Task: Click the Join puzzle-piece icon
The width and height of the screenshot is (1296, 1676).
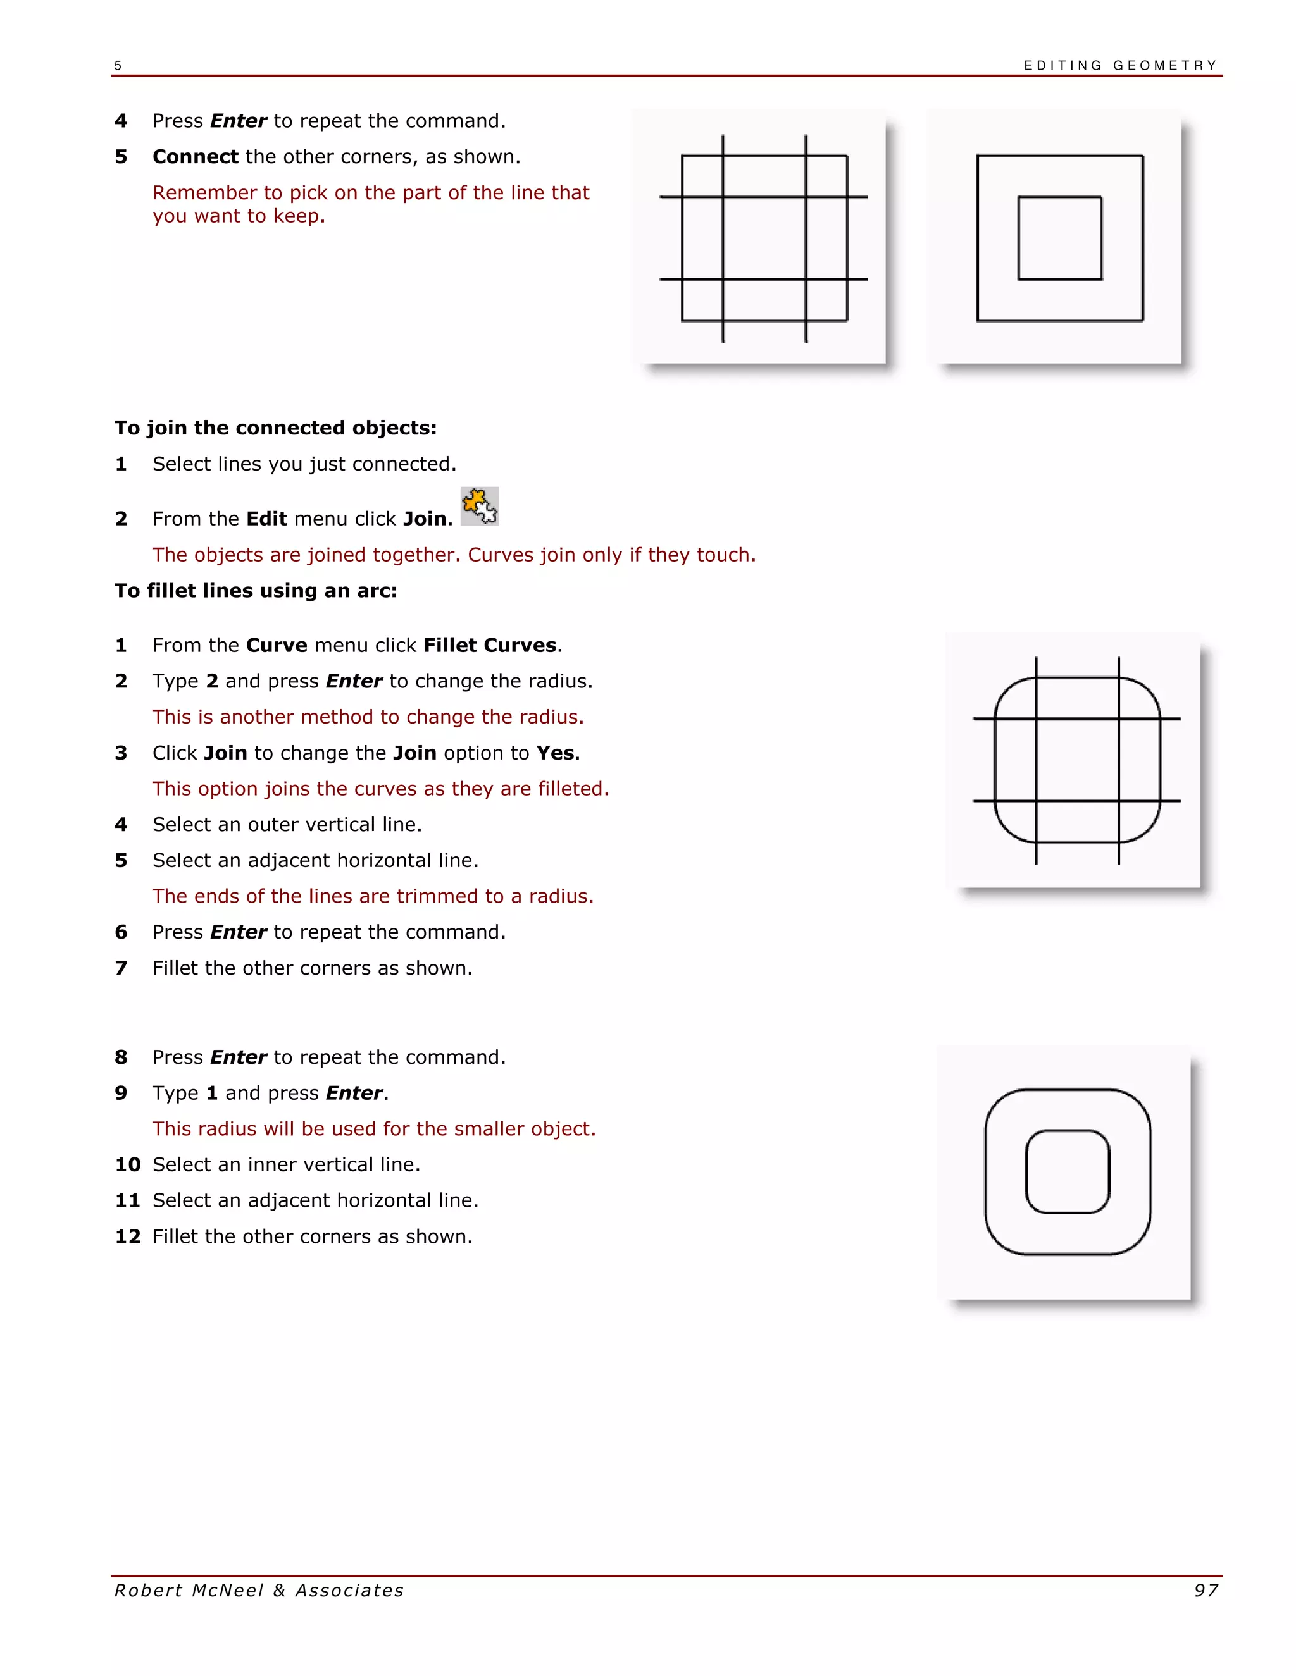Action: coord(480,506)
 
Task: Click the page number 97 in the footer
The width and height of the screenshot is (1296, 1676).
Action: coord(1206,1591)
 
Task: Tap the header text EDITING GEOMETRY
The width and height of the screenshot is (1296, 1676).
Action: coord(1119,65)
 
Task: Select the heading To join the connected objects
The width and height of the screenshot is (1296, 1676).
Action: coord(276,428)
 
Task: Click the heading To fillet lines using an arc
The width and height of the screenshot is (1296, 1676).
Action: coord(256,590)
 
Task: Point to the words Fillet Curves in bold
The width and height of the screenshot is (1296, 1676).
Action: coord(489,644)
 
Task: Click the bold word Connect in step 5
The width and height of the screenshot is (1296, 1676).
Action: coord(195,157)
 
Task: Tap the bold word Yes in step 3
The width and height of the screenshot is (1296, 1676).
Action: coord(555,753)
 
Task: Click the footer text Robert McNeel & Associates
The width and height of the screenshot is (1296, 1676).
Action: coord(259,1591)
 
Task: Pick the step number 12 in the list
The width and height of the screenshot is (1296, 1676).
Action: coord(127,1236)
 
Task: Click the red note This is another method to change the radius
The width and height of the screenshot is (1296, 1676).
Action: coord(368,717)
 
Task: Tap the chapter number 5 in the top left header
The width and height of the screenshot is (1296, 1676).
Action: coord(118,66)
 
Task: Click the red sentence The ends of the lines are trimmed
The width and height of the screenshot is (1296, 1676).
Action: coord(372,896)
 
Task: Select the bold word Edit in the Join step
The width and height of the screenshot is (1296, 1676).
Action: coord(266,519)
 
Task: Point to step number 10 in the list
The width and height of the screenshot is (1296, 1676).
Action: coord(127,1165)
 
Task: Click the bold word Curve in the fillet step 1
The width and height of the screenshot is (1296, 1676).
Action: coord(277,644)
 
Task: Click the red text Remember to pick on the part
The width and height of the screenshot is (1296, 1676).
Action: coord(371,193)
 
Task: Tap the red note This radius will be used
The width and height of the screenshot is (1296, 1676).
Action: coord(374,1129)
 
